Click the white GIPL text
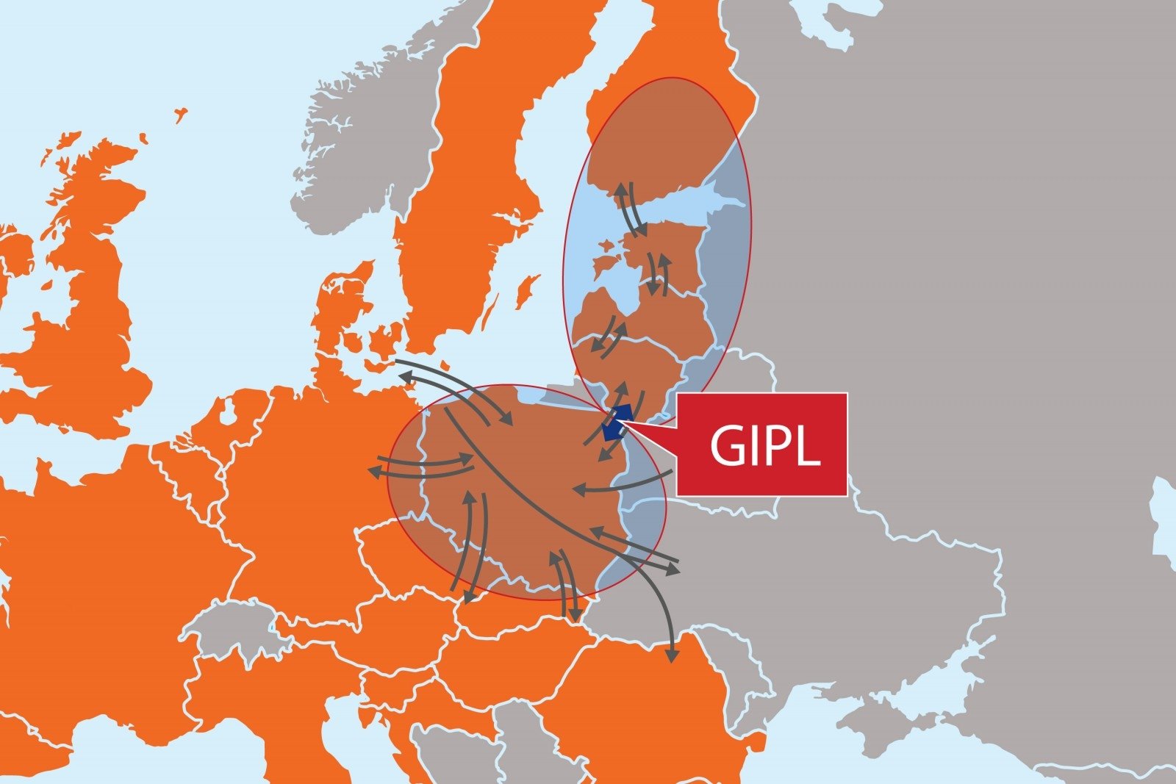click(x=764, y=445)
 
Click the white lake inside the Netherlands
click(x=228, y=414)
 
